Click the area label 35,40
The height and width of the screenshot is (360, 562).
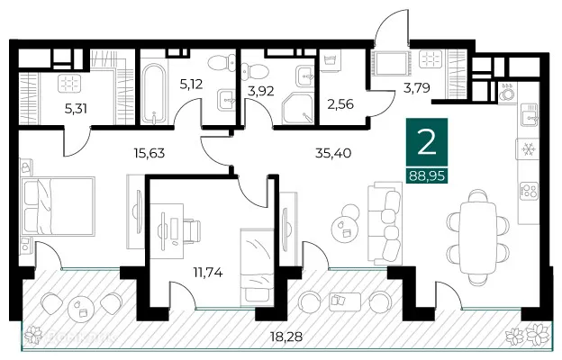tap(333, 154)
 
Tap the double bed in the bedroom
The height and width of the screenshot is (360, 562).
tap(59, 206)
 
